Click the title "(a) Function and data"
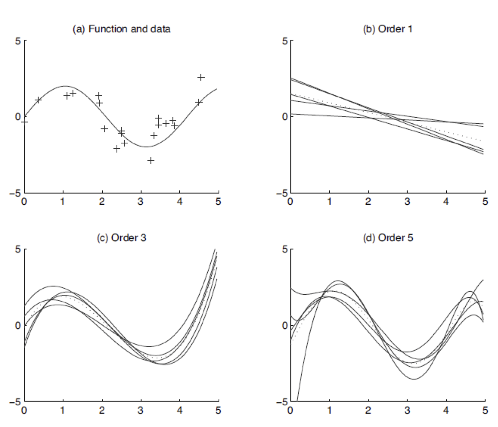point(121,29)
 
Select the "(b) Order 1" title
point(387,29)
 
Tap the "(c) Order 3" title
point(121,237)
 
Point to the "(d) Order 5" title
point(387,237)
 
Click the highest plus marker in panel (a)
point(201,77)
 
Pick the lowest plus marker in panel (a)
point(151,160)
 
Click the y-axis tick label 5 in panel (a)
point(18,41)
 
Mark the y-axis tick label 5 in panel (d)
point(285,249)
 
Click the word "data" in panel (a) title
point(161,29)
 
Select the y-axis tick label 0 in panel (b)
point(285,117)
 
